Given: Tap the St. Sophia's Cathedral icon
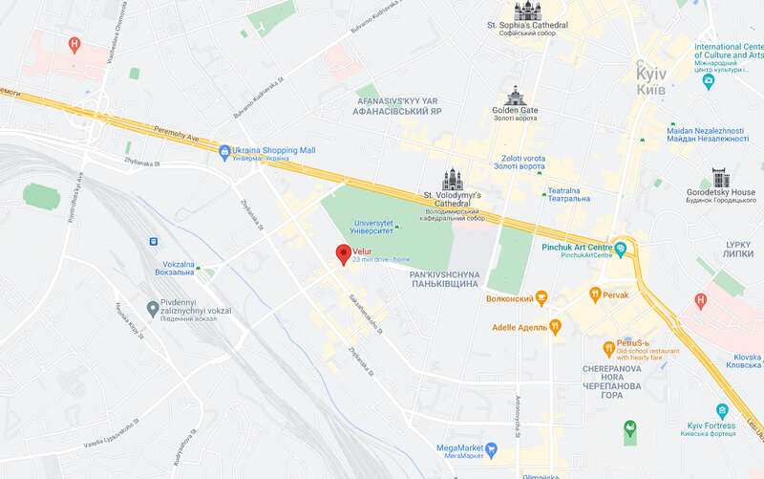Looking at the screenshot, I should point(526,11).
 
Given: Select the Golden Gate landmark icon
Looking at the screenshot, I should point(516,96).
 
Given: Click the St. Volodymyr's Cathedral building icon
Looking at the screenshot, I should point(453,179).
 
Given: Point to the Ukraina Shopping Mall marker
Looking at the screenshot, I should point(224,151).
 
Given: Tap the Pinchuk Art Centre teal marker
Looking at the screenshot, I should point(621,250).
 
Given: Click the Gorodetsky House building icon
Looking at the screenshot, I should point(720,178).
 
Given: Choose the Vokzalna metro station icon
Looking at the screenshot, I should point(154,241).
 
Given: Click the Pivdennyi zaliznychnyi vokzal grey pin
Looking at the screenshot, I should point(153,308).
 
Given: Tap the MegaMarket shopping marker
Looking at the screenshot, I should point(492,447).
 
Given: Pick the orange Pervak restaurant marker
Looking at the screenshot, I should point(595,294).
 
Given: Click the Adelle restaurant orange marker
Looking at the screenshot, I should point(555,327).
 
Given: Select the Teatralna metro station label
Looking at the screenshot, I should point(568,195).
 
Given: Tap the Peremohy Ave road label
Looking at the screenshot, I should point(180,138).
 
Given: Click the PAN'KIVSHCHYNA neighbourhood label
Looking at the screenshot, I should point(443,278).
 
